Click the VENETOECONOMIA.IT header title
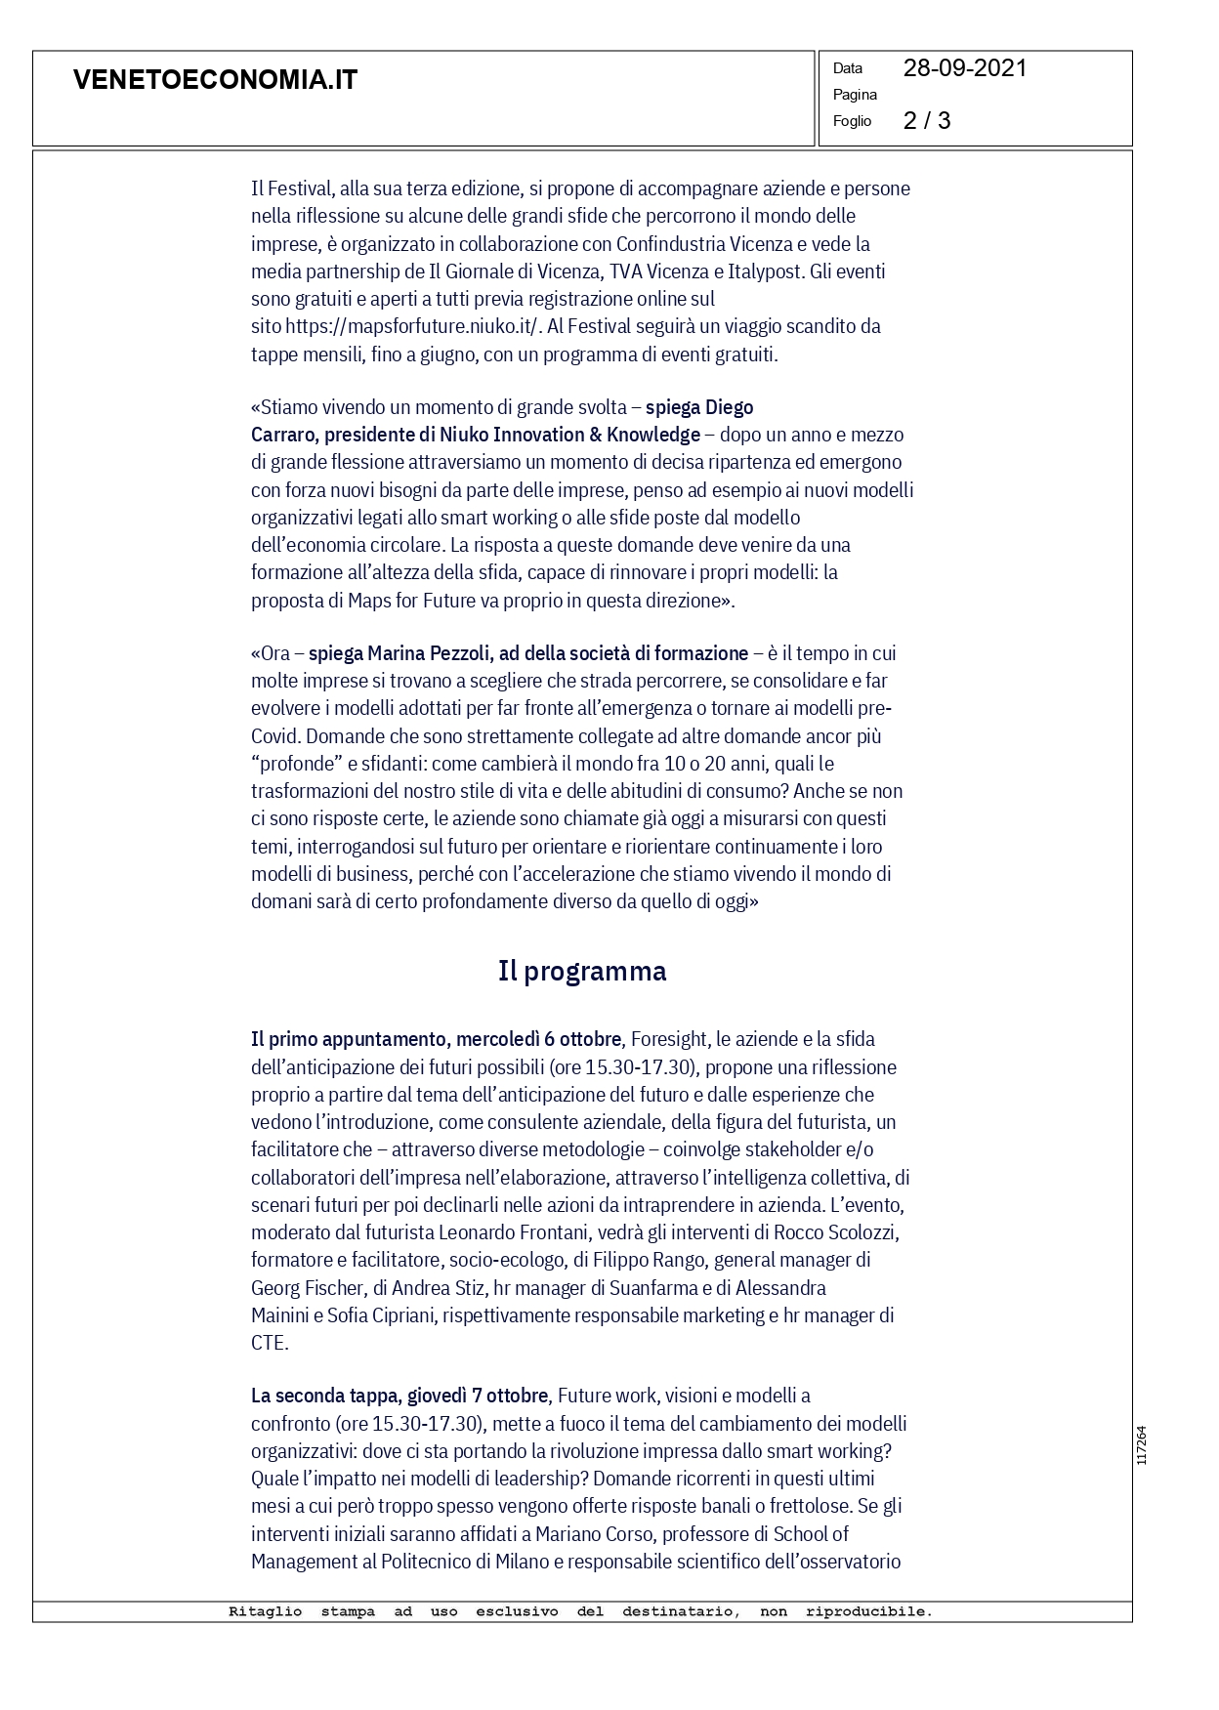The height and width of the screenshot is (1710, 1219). [x=215, y=80]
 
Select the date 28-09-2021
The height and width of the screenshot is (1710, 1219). [x=964, y=68]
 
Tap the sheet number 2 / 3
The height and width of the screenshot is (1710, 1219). [x=926, y=120]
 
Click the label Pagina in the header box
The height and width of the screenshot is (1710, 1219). [x=855, y=95]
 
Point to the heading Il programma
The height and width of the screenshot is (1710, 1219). [x=582, y=971]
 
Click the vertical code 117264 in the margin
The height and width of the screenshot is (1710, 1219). [x=1141, y=1445]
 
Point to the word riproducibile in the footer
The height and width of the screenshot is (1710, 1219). [x=868, y=1612]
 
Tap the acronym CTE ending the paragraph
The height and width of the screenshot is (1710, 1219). [x=268, y=1343]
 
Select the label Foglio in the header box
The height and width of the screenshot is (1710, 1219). [x=852, y=121]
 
